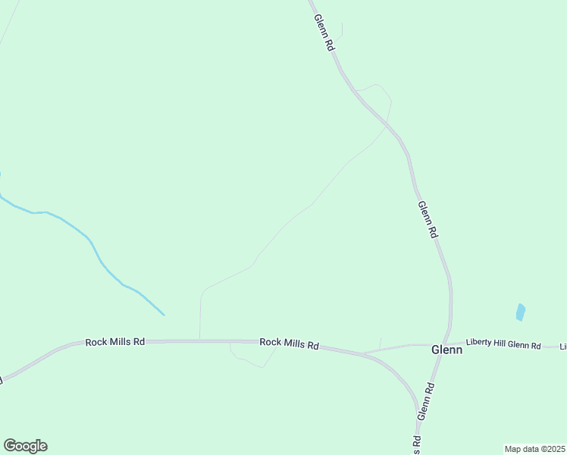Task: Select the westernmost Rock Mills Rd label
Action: tap(114, 342)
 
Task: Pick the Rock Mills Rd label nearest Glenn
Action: tap(289, 344)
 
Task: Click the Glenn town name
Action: tap(446, 350)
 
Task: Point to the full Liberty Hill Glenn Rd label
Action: tap(503, 346)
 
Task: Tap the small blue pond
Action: tap(520, 312)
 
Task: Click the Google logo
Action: tap(25, 446)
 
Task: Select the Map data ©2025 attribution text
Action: tap(534, 449)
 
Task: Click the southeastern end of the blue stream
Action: tap(163, 314)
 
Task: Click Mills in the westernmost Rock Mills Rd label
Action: tap(117, 342)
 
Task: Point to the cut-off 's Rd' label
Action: tap(417, 440)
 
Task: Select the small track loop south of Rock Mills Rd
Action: tap(250, 358)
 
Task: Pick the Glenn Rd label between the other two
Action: tap(428, 220)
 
